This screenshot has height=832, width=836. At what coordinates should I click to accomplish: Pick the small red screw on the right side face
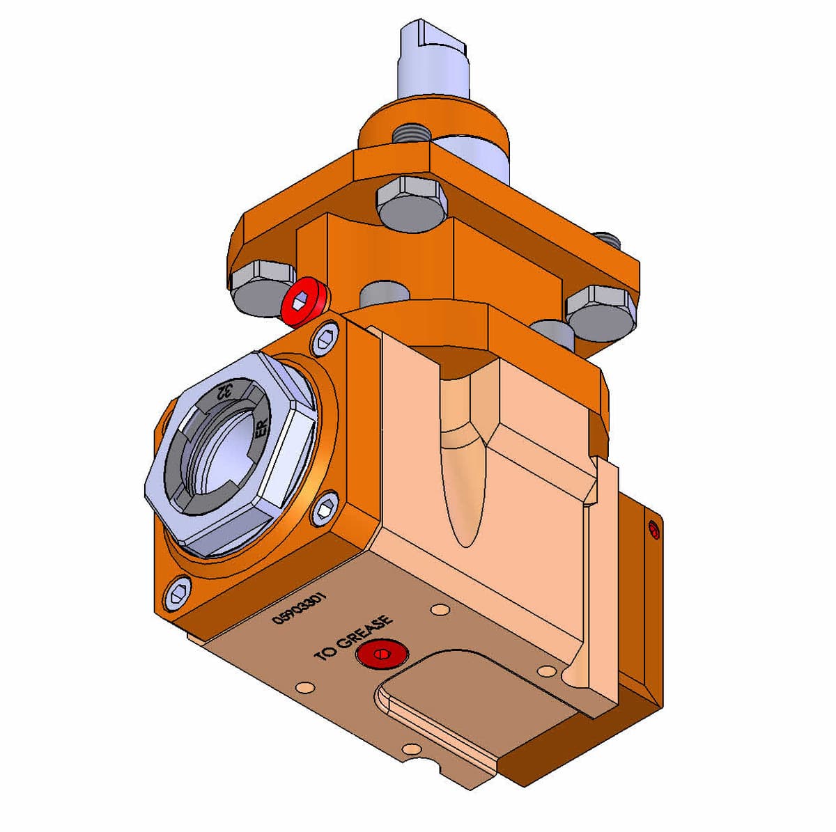pyautogui.click(x=653, y=530)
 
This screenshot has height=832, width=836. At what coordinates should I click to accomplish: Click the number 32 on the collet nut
pyautogui.click(x=224, y=393)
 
